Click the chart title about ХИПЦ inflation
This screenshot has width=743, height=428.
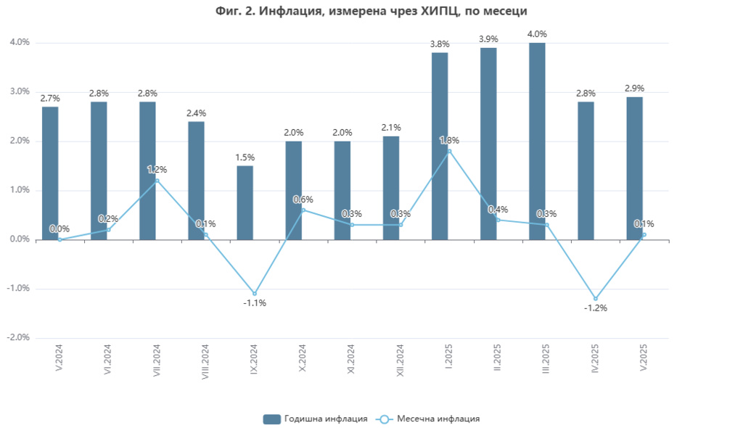tap(371, 11)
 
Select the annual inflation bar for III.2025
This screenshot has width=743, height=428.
tap(537, 141)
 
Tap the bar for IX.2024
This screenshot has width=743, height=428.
tap(245, 202)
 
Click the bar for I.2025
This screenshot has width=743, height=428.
tap(440, 146)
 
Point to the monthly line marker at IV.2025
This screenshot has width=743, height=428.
tap(596, 299)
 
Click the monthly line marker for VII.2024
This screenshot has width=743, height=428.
tap(157, 181)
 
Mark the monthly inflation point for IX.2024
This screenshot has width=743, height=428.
tap(255, 293)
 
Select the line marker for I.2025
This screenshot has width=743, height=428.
tap(450, 151)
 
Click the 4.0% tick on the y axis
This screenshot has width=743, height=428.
tap(20, 43)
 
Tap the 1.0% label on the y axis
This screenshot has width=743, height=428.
tap(20, 190)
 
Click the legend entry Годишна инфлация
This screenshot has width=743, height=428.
tap(316, 419)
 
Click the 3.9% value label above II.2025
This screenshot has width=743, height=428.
tap(488, 38)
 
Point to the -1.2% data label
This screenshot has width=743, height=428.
tap(596, 308)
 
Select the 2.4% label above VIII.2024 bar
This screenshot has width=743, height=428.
tap(196, 112)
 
